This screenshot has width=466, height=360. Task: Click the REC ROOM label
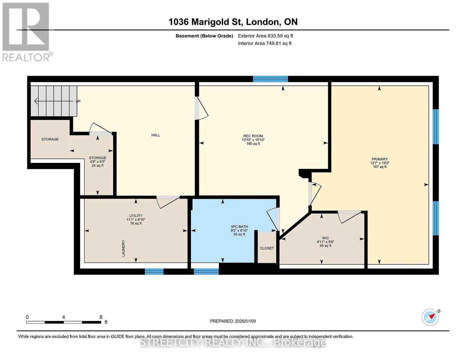253,136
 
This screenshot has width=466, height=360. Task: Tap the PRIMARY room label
380,159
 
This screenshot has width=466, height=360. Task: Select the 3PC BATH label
239,226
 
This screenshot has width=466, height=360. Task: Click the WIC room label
325,238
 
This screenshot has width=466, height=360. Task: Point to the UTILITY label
136,216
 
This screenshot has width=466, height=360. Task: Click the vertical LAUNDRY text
123,248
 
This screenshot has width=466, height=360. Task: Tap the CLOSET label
267,248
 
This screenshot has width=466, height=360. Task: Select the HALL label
155,135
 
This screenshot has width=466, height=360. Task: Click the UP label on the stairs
78,101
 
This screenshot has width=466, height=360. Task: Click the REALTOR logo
26,32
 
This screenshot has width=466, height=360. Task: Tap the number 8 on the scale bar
101,317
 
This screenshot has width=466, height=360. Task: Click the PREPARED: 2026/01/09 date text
233,321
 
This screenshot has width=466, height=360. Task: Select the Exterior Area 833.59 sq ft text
265,36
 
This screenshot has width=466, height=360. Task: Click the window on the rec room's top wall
270,79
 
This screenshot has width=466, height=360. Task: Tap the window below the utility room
154,271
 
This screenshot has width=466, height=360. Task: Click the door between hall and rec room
201,108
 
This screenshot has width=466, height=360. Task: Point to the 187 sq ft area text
380,167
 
